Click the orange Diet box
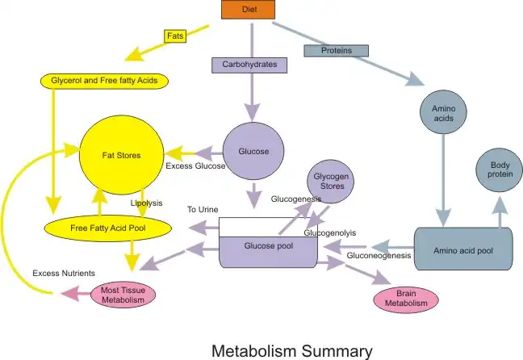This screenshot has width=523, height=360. coord(249,10)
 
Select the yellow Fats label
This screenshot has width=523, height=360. coord(175,36)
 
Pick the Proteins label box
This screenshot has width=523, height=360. coord(337,51)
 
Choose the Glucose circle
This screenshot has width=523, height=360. coord(253,151)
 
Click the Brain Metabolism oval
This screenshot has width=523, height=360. coord(406,299)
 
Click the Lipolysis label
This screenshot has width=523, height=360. coord(147,203)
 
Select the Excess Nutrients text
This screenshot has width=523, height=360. coord(64,274)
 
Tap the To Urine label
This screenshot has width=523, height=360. coord(203,209)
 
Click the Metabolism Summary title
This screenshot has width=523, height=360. coord(292,350)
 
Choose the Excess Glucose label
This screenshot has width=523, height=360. coord(195,166)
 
